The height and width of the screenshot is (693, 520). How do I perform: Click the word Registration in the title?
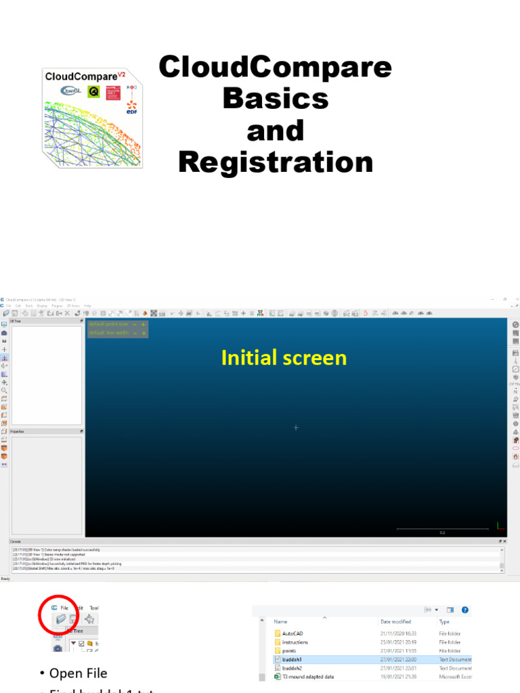[276, 162]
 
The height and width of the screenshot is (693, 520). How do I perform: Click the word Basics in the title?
[276, 99]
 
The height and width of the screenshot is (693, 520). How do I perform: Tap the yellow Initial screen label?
[284, 358]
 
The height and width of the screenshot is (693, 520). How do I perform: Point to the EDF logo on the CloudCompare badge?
[131, 108]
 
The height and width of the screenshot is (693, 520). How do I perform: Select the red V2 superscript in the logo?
[122, 74]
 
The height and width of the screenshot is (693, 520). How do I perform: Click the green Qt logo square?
[94, 91]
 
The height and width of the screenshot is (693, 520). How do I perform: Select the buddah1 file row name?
[292, 659]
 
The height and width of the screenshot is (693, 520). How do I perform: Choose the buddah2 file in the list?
[292, 668]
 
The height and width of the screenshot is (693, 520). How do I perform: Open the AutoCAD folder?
[292, 633]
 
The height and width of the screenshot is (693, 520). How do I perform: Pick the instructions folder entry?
[295, 642]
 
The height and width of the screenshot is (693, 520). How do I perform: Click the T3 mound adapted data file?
[309, 676]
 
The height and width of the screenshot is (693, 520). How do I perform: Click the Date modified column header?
[396, 621]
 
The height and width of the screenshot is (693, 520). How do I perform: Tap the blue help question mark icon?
[465, 609]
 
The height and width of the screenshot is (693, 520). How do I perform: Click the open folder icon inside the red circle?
[60, 619]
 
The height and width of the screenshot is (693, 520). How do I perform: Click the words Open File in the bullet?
[78, 673]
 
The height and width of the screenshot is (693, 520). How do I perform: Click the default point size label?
[108, 324]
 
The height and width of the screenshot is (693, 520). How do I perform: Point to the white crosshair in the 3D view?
[296, 428]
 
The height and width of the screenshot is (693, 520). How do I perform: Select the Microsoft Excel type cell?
[455, 676]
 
